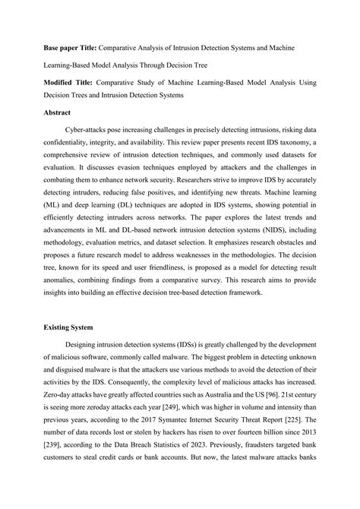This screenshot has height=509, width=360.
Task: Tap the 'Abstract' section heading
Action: (x=59, y=114)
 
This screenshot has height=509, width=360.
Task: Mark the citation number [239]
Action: (x=53, y=458)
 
